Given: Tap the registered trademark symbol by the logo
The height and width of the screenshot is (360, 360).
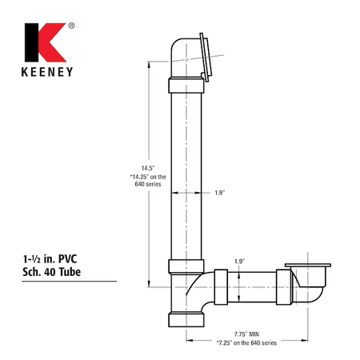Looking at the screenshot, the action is coord(71,26).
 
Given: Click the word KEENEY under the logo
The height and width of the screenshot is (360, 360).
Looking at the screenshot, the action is coord(47,72).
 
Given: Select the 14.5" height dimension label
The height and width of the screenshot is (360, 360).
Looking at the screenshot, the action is coord(148,168).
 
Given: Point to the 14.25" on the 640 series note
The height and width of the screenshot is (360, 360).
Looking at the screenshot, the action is coord(148,180).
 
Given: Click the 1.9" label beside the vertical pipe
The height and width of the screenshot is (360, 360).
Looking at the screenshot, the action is coord(220,193).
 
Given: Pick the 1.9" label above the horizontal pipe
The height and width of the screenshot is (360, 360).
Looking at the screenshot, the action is coord(239,262).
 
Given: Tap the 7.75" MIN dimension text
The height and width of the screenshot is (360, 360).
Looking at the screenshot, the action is coord(246,334).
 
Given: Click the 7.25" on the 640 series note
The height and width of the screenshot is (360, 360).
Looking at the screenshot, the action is coord(246,342).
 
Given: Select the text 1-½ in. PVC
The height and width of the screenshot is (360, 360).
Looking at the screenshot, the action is coord(50,259).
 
